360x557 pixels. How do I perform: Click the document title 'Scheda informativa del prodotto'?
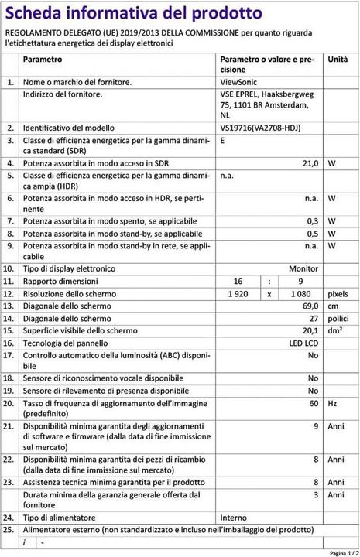click(133, 12)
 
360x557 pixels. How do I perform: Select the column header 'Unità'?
click(338, 60)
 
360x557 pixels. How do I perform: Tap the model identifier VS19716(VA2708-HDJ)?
click(260, 128)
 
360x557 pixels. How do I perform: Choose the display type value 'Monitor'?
click(303, 268)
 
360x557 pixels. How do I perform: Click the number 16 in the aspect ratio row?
click(238, 281)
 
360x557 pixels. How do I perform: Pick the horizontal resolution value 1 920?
click(242, 294)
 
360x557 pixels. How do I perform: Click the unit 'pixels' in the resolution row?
click(338, 294)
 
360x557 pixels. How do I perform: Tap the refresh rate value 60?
click(314, 404)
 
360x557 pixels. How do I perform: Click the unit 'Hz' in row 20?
click(333, 404)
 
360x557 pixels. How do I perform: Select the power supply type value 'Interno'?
click(235, 517)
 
